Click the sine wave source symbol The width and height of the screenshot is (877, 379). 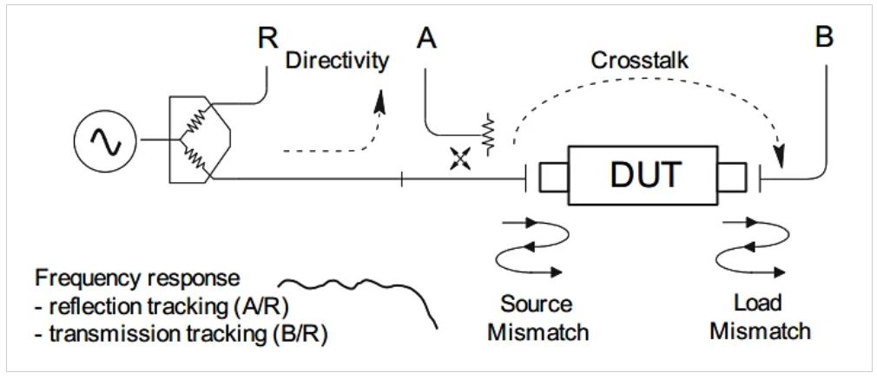tap(108, 141)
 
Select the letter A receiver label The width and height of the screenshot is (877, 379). tap(426, 39)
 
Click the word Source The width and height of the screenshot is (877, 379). tap(537, 304)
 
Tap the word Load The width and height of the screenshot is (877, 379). tap(757, 304)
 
